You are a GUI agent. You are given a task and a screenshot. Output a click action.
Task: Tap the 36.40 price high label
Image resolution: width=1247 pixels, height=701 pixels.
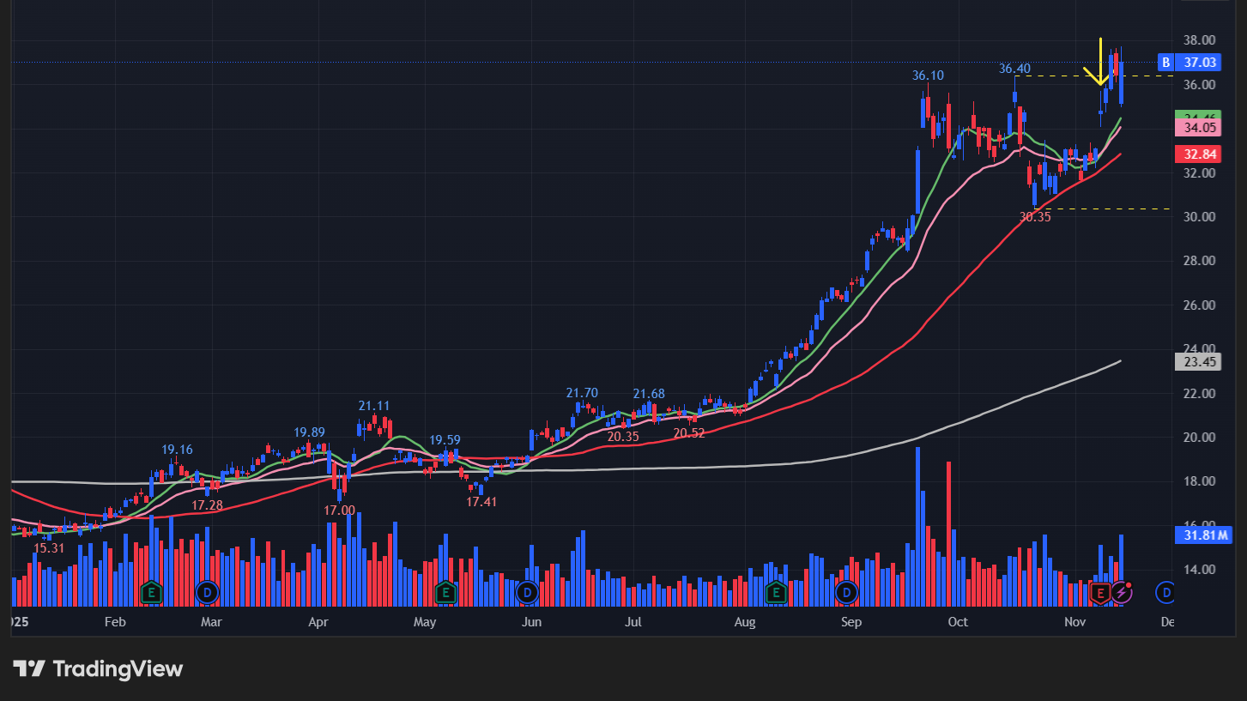[x=1014, y=69]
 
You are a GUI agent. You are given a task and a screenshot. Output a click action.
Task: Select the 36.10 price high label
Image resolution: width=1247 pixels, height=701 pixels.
[x=928, y=76]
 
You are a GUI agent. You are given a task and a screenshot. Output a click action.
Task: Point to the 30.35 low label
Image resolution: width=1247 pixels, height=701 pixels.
[x=1035, y=217]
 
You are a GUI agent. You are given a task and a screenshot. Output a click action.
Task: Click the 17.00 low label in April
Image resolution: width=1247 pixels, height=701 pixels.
[x=339, y=510]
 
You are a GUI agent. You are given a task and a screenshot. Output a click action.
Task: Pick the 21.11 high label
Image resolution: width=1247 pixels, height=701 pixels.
[x=374, y=406]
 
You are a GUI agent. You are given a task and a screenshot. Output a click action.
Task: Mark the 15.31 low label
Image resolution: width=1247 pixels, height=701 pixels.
[x=49, y=547]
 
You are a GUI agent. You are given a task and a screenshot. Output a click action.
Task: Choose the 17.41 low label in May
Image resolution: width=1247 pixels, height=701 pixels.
[x=481, y=501]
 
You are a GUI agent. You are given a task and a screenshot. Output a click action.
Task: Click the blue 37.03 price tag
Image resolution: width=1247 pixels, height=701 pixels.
[x=1199, y=62]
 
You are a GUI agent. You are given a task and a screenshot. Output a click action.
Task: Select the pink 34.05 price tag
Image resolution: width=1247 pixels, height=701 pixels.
[x=1199, y=128]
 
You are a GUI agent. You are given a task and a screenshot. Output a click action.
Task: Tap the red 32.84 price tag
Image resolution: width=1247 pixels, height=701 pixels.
[x=1199, y=154]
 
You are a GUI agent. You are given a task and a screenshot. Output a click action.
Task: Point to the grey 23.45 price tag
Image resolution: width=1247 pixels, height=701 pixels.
[x=1199, y=362]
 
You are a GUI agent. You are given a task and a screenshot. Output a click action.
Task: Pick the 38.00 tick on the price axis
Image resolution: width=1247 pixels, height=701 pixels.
[x=1199, y=40]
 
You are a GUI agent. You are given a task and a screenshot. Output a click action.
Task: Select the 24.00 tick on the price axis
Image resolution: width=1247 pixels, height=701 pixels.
[x=1199, y=349]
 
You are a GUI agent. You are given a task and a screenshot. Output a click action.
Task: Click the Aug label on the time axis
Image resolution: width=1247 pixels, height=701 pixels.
[x=744, y=622]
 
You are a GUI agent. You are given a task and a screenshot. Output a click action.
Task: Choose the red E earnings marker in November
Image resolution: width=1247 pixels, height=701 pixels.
[x=1100, y=592]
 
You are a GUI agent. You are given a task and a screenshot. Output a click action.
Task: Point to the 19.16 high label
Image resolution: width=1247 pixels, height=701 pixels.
[x=177, y=450]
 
